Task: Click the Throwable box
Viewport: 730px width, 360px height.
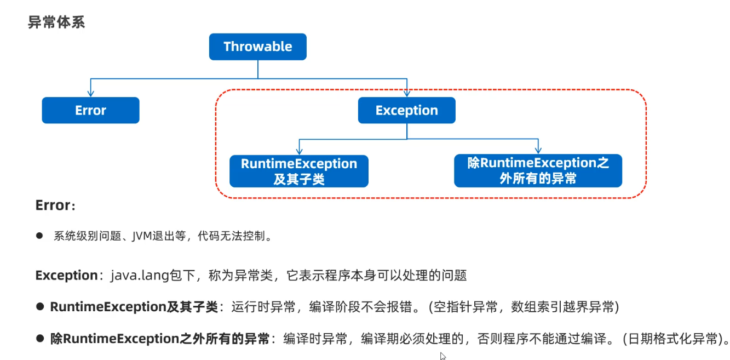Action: (257, 47)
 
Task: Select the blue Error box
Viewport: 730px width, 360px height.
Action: (90, 110)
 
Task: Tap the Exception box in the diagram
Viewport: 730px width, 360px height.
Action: (406, 110)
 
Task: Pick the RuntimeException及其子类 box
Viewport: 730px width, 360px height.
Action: (298, 171)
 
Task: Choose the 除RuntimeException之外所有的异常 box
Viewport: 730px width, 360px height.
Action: (538, 171)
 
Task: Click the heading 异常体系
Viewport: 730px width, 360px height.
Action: (56, 22)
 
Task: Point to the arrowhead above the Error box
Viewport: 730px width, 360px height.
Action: (90, 94)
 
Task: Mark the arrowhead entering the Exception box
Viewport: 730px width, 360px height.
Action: (406, 94)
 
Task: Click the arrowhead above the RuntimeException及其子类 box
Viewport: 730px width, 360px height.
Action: (298, 151)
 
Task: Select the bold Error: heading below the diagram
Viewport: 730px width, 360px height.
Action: (55, 205)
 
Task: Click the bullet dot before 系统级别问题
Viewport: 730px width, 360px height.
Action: (39, 236)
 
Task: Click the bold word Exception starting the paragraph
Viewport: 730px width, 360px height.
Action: (66, 275)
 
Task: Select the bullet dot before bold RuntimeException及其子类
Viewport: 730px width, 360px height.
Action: (39, 307)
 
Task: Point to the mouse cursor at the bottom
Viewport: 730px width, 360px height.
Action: (442, 356)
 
